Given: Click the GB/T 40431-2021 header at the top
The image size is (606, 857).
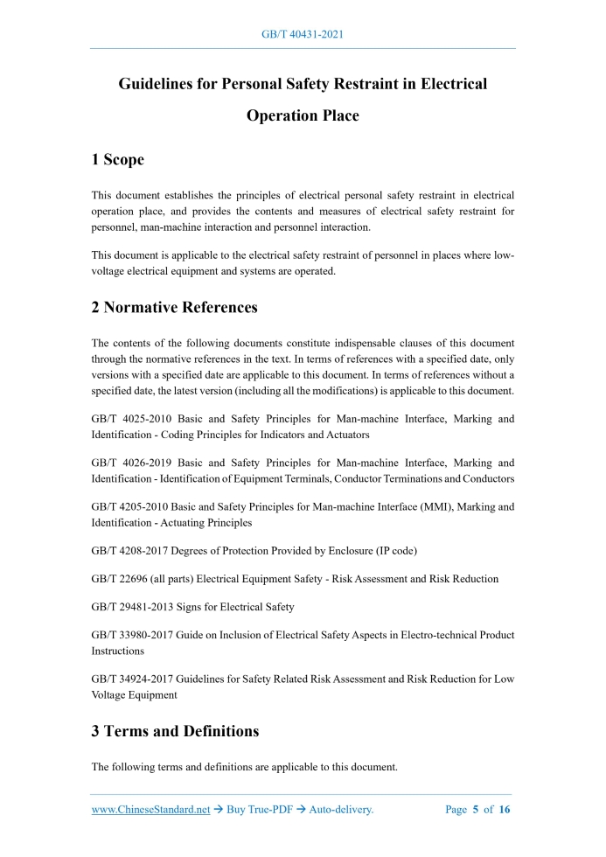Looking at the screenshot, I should click(x=303, y=34).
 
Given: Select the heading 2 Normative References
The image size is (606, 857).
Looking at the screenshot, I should click(x=175, y=307).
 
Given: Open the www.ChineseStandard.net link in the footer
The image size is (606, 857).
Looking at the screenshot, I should click(x=150, y=810).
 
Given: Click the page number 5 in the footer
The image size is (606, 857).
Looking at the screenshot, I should click(x=476, y=810).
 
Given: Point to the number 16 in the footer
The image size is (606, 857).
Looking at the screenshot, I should click(x=505, y=810).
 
